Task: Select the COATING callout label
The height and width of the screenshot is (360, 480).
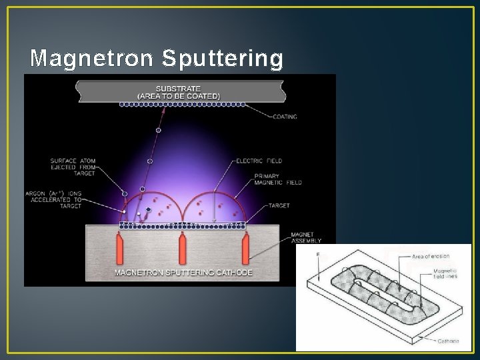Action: click(x=287, y=117)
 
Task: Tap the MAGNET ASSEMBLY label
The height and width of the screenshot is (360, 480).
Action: click(x=307, y=238)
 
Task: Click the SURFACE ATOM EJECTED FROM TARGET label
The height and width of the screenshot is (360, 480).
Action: click(x=73, y=165)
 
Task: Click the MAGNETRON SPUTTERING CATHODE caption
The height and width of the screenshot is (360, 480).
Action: click(x=183, y=273)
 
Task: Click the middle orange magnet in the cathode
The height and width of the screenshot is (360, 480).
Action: click(x=183, y=249)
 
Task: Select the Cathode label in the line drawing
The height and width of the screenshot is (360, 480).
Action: click(x=449, y=341)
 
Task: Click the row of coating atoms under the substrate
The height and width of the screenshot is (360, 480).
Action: click(x=181, y=105)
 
